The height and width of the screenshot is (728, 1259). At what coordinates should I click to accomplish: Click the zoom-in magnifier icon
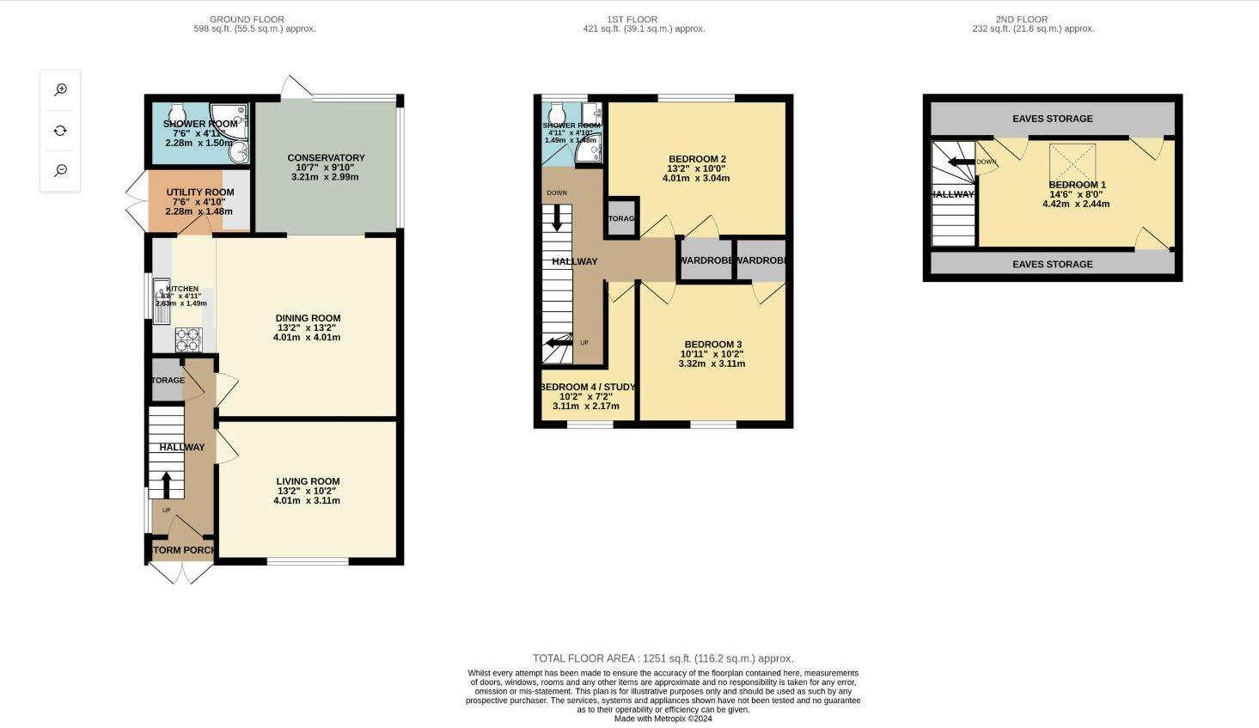pos(60,89)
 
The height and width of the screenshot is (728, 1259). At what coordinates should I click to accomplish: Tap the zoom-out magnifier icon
pos(60,170)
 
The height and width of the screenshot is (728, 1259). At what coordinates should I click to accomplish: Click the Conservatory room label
pos(326,158)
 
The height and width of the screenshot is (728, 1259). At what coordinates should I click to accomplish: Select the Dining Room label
pos(308,318)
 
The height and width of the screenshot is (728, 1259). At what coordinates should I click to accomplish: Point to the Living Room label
pos(308,481)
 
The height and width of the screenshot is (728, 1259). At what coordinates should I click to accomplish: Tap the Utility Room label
pos(200,193)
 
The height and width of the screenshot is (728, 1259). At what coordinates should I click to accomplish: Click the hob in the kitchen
pos(187,340)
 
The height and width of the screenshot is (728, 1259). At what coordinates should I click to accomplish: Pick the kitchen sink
pos(161,299)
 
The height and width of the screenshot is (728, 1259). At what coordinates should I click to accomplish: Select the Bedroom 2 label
pos(697,159)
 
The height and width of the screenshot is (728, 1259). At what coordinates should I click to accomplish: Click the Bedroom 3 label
pos(712,345)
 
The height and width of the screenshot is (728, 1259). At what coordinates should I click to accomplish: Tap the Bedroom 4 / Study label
pos(588,387)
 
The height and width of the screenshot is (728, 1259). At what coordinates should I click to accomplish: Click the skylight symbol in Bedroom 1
pos(1072,162)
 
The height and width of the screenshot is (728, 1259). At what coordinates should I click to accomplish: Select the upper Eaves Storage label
pos(1052,119)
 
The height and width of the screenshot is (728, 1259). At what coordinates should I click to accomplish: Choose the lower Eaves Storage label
pos(1052,264)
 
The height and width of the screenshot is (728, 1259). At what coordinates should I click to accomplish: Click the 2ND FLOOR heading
pos(1021,19)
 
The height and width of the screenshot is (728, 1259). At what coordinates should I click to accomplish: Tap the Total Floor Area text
pos(663,658)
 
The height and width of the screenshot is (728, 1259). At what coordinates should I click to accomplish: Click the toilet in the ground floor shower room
pos(177,114)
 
